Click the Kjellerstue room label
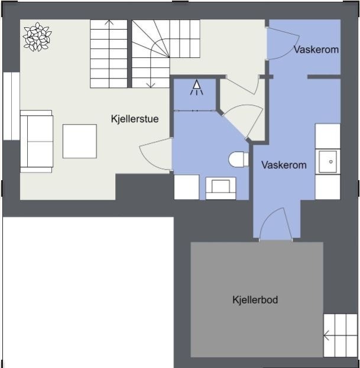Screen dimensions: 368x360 tap(135, 119)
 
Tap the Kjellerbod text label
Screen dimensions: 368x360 tap(255, 300)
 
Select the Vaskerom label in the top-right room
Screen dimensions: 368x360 tap(316, 50)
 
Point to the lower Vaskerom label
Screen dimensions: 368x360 tap(284, 165)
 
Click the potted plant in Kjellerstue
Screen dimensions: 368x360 tap(37, 36)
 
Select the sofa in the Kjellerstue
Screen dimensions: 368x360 tap(37, 141)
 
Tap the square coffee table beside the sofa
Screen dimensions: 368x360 tap(79, 141)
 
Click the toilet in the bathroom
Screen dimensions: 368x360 tap(238, 159)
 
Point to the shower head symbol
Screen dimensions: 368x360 tap(196, 89)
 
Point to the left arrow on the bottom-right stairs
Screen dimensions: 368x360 tap(326, 336)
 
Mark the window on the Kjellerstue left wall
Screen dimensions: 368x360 tap(11, 106)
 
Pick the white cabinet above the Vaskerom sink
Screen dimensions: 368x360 tap(327, 136)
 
